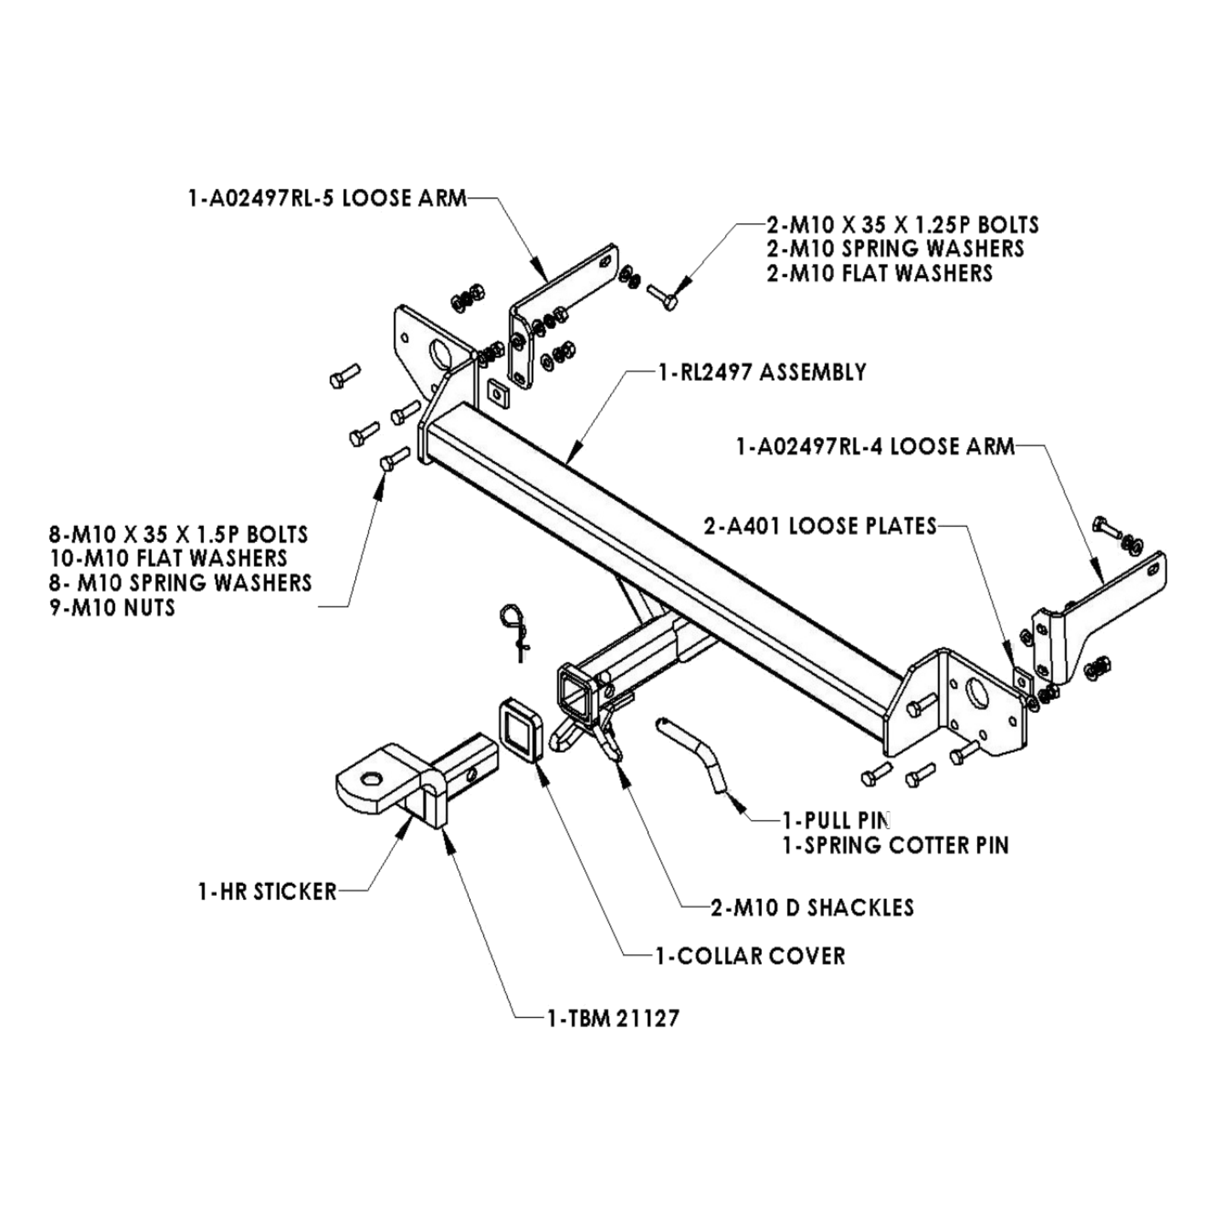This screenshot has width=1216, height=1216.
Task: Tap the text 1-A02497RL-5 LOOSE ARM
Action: click(327, 199)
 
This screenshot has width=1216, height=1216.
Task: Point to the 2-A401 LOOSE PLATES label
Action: click(820, 525)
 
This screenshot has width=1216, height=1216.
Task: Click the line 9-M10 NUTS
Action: click(113, 608)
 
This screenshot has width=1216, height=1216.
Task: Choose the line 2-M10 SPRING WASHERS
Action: click(894, 249)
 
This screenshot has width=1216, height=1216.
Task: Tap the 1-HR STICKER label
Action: click(267, 892)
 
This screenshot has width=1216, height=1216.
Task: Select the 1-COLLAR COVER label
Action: click(750, 955)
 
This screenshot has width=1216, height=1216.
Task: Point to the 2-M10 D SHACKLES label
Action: click(812, 907)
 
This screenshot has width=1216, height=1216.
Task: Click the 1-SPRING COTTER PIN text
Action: click(895, 845)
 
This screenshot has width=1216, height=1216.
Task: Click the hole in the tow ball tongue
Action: click(371, 779)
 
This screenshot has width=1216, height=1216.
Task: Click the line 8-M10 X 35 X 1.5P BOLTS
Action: click(179, 534)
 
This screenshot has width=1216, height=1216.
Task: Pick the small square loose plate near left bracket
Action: click(497, 394)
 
